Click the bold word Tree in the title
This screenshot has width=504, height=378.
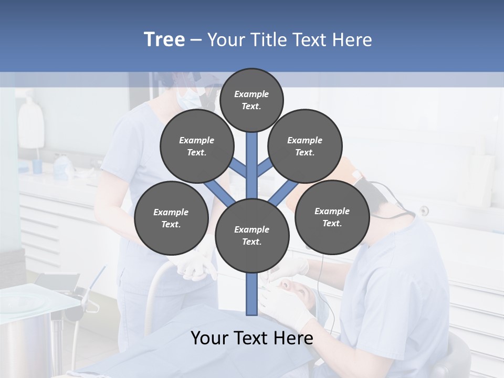click(x=164, y=40)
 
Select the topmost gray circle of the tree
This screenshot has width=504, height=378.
click(x=251, y=99)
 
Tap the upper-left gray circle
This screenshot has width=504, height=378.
click(x=196, y=146)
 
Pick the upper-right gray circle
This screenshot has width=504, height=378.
click(x=304, y=146)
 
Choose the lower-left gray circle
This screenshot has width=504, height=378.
click(x=171, y=218)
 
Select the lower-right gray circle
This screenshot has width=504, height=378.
click(x=332, y=217)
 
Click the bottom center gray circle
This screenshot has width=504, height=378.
click(x=251, y=235)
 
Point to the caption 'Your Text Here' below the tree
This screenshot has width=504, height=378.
click(x=251, y=338)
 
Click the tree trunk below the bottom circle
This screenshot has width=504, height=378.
click(x=251, y=294)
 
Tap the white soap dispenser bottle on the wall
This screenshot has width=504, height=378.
click(x=30, y=123)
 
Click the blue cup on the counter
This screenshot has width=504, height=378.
click(x=37, y=166)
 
